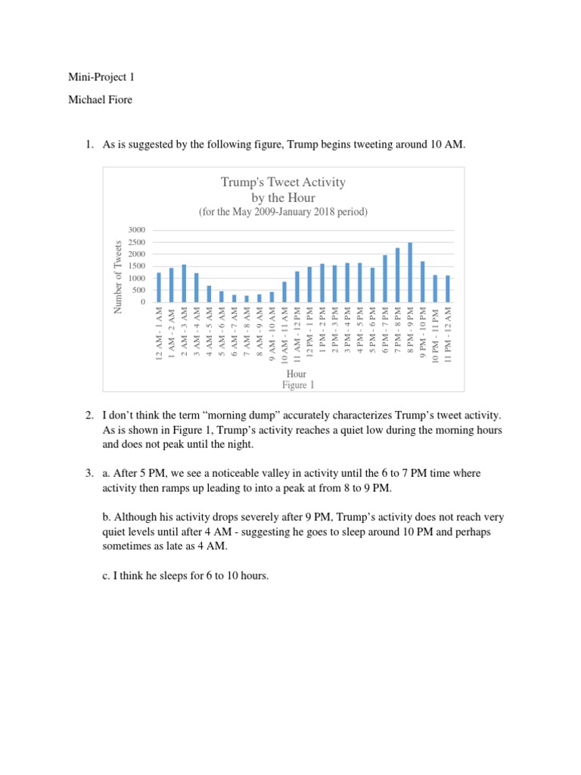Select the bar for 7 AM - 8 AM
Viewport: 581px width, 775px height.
tap(247, 298)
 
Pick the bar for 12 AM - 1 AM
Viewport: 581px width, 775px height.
tap(159, 288)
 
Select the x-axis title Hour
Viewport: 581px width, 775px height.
tap(296, 374)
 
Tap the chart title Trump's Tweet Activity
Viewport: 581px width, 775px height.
tap(283, 182)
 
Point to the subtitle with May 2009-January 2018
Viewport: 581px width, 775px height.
tap(283, 212)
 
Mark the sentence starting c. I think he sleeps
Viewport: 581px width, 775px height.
tap(185, 576)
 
